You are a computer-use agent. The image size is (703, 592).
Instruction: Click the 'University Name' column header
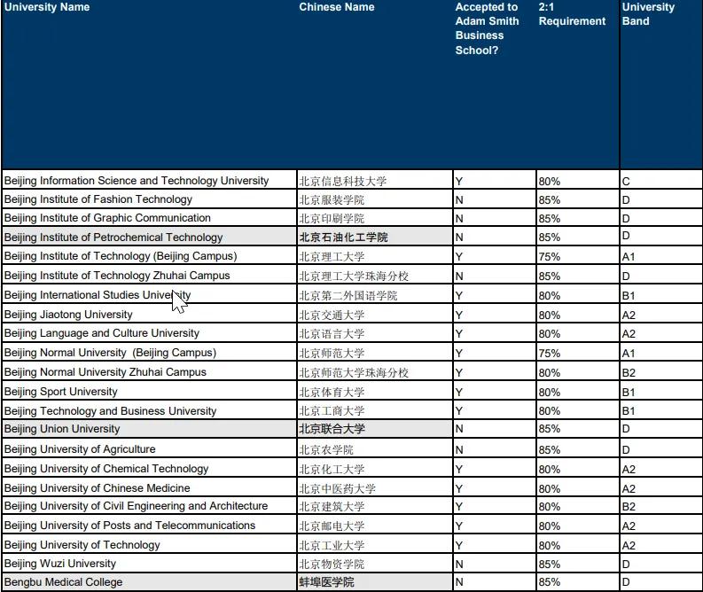47,8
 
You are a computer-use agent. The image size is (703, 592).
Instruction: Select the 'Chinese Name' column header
337,8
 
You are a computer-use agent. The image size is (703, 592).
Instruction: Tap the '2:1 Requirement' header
572,14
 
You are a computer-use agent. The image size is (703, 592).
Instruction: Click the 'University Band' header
648,14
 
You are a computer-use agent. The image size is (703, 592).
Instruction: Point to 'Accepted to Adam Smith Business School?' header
488,28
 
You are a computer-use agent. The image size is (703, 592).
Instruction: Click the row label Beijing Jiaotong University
68,315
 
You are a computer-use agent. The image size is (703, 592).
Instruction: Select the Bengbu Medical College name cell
63,582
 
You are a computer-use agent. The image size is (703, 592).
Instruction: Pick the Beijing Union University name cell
62,429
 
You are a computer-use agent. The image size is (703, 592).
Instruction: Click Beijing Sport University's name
61,392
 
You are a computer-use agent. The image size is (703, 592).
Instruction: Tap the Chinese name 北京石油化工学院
343,238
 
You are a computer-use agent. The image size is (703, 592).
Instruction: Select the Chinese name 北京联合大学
332,429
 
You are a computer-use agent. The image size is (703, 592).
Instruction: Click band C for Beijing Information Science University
626,182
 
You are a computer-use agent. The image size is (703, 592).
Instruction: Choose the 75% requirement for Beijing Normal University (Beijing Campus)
550,353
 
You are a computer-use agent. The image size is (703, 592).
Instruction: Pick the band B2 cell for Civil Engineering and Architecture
629,507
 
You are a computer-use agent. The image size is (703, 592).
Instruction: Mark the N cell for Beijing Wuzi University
459,564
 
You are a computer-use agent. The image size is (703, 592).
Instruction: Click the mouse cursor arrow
177,300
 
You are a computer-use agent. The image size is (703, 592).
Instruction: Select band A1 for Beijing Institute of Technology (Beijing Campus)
629,257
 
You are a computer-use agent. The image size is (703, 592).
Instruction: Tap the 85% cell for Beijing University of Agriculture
550,449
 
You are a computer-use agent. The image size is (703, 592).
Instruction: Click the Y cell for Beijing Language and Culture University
459,334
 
